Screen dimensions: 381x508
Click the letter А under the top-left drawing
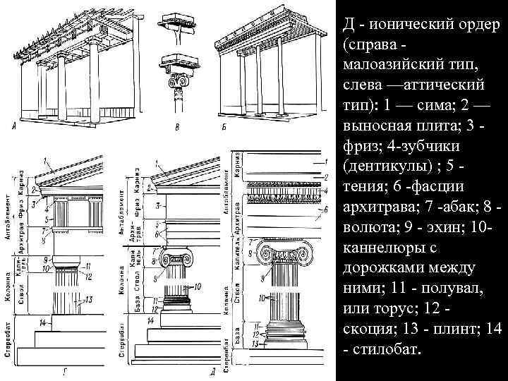click(x=15, y=127)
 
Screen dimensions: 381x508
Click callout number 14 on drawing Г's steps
click(x=43, y=322)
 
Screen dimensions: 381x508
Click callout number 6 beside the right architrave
click(x=327, y=210)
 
